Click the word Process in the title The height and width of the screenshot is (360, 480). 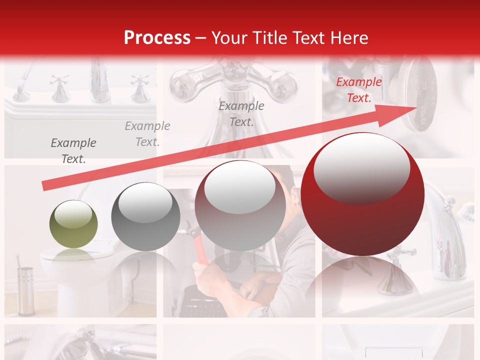[x=157, y=38]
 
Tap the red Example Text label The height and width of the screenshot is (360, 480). [x=358, y=90]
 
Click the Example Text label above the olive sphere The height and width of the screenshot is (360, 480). [x=73, y=151]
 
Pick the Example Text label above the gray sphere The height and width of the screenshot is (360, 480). [x=147, y=134]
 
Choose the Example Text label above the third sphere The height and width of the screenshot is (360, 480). [x=241, y=114]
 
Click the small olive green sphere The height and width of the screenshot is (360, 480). [x=73, y=224]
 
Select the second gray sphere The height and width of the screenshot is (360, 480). [x=145, y=216]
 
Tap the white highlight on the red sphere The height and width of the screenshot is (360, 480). [x=361, y=168]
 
